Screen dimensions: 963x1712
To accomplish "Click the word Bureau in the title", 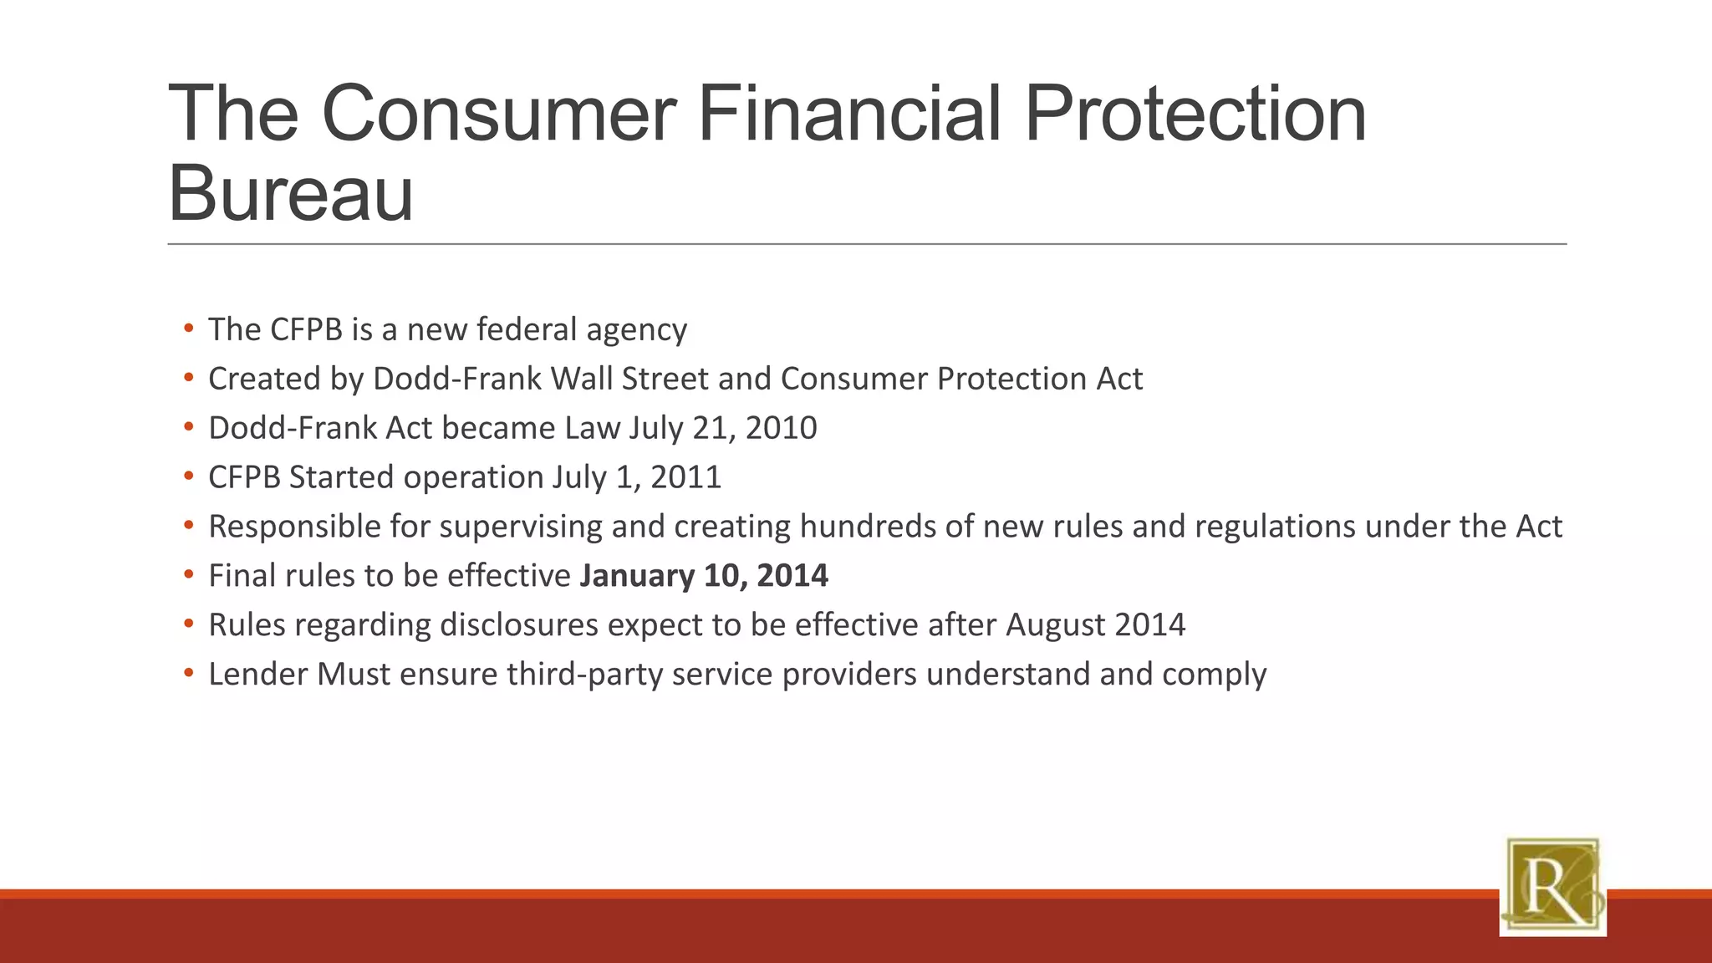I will [x=291, y=194].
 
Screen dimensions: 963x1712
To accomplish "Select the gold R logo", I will [x=1552, y=886].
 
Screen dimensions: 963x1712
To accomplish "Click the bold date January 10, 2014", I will [x=704, y=576].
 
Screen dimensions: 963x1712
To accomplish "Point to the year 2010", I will [x=781, y=428].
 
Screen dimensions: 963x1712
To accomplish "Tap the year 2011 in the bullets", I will [x=685, y=477].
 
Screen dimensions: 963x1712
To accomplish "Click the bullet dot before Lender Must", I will [x=189, y=673].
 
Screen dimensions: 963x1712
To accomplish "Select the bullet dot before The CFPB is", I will [x=189, y=329].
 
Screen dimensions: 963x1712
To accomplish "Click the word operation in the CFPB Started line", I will [x=473, y=477].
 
